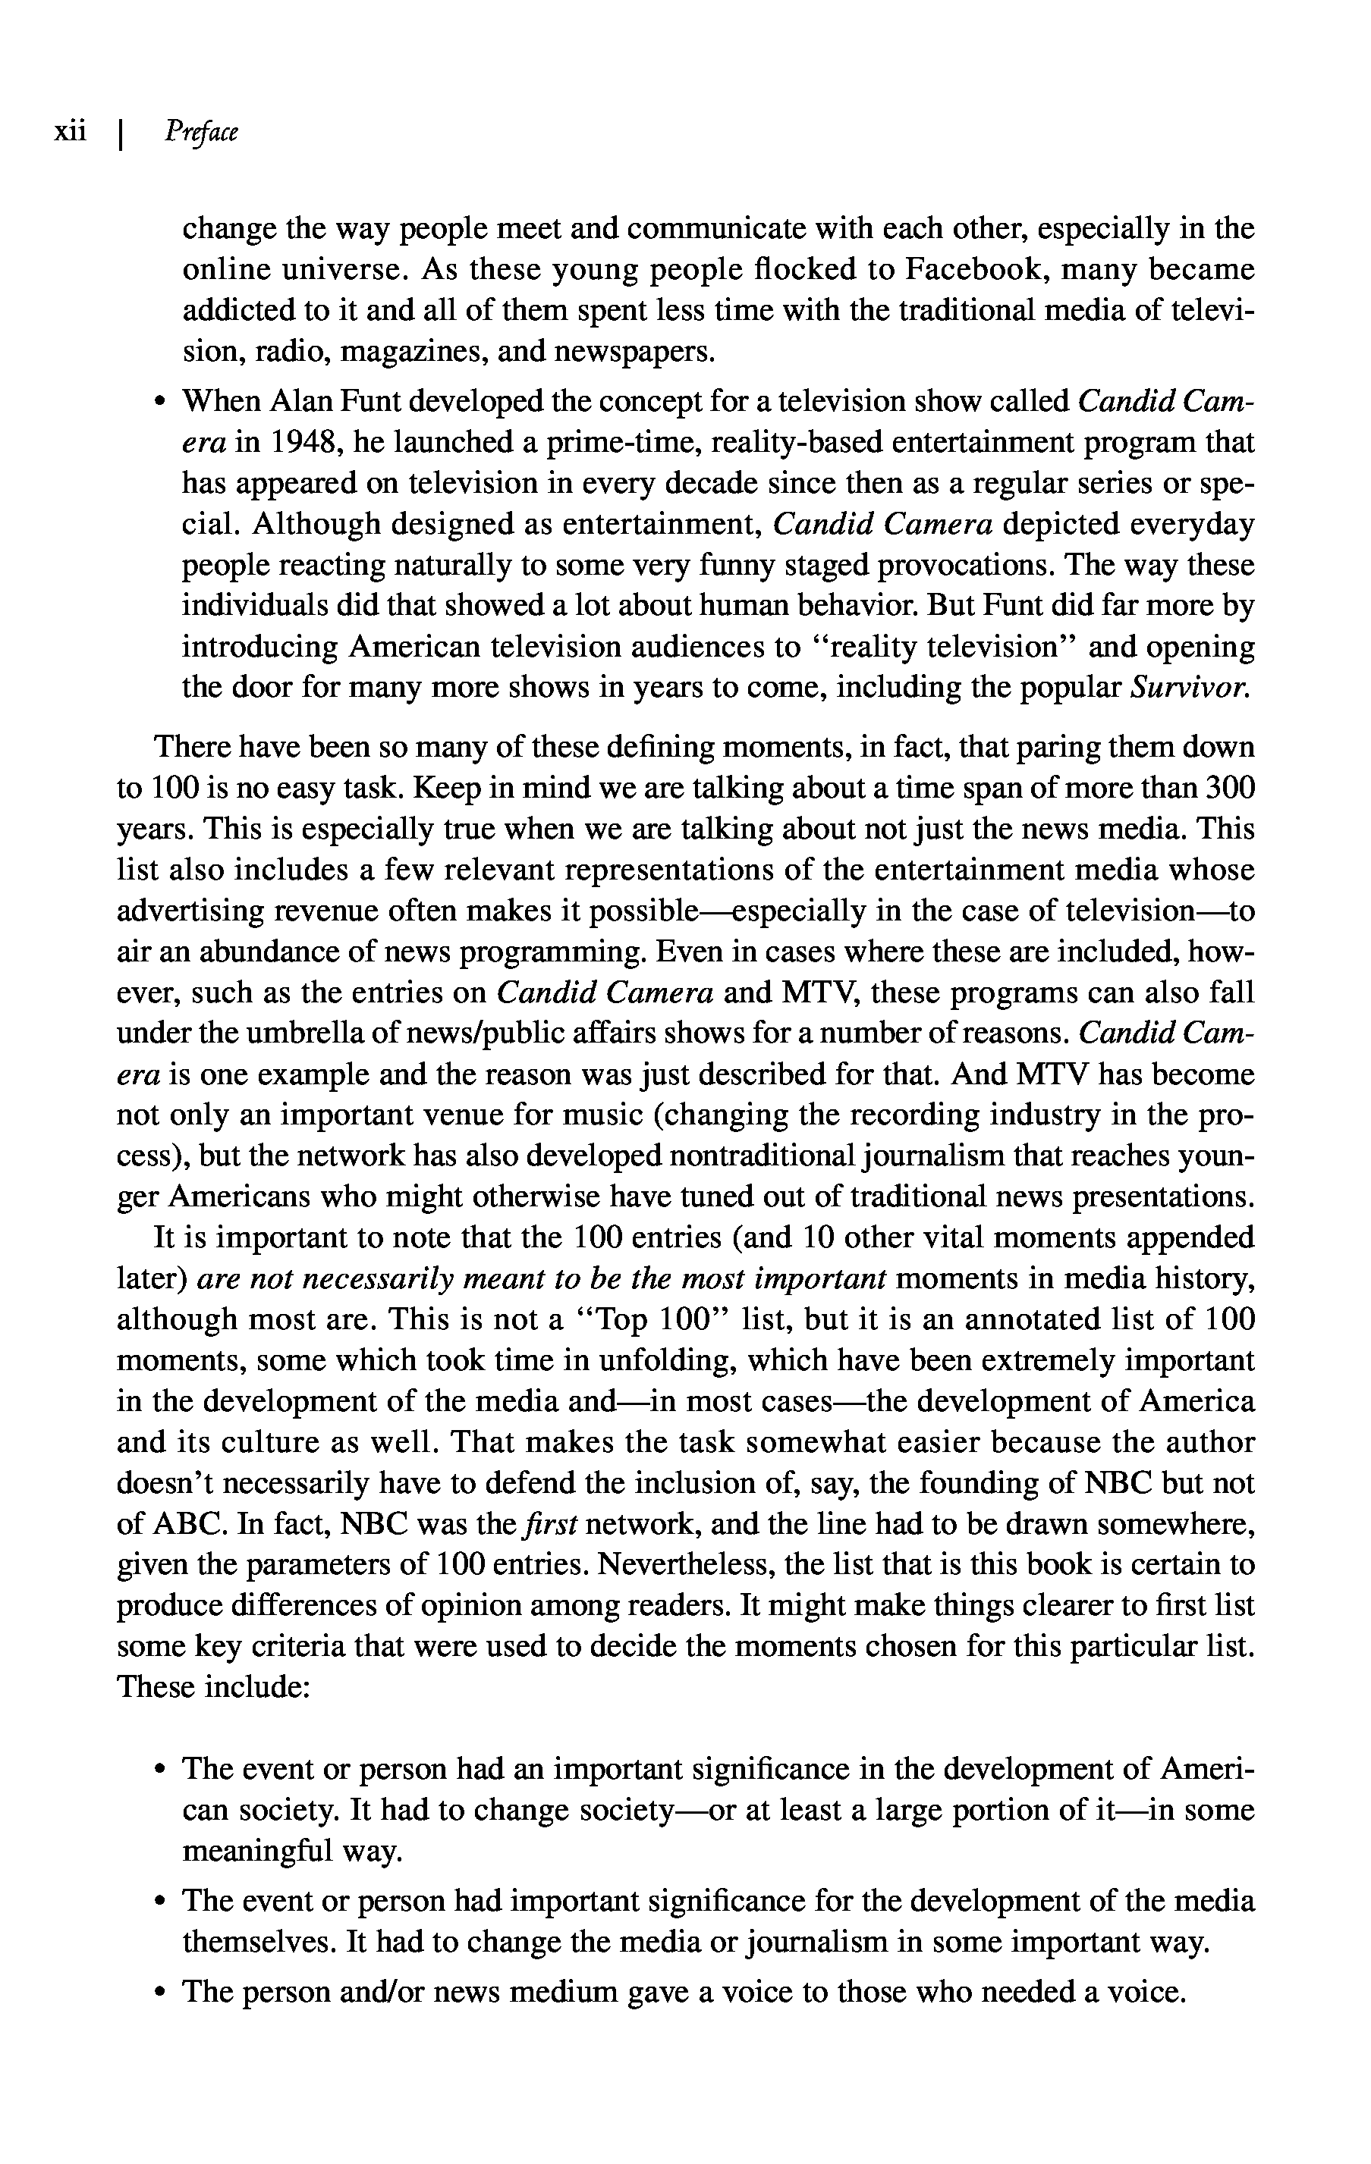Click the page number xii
coord(70,132)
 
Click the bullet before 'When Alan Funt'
coord(160,402)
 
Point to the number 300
coord(1229,788)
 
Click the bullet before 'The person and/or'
coord(160,1993)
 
